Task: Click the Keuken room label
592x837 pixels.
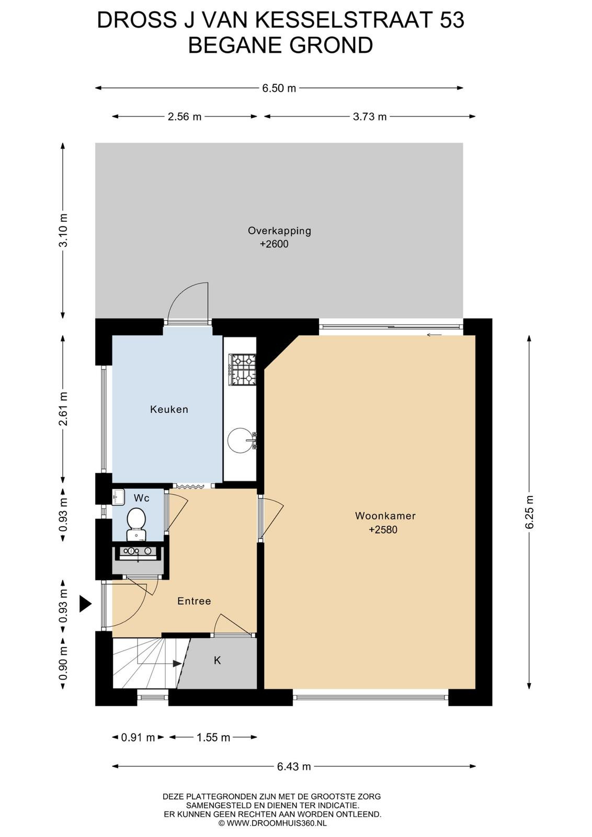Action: click(x=169, y=409)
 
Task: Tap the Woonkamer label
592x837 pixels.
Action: click(x=385, y=516)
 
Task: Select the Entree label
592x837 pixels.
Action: click(x=194, y=601)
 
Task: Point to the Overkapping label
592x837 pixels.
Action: click(x=279, y=231)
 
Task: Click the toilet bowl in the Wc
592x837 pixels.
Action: click(x=136, y=519)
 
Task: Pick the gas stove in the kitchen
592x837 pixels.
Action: click(x=243, y=370)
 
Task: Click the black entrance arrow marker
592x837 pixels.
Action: click(x=85, y=604)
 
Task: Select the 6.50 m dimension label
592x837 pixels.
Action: click(x=279, y=88)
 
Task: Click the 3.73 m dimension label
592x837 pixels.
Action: click(x=370, y=117)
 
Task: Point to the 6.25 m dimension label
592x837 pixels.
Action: click(x=529, y=512)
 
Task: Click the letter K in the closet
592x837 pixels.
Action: click(x=218, y=661)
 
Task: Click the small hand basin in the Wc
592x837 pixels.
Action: click(x=118, y=497)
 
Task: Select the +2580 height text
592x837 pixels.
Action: click(x=383, y=529)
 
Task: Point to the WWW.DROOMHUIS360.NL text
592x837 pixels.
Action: click(x=277, y=822)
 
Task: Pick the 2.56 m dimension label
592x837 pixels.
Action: click(x=185, y=117)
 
